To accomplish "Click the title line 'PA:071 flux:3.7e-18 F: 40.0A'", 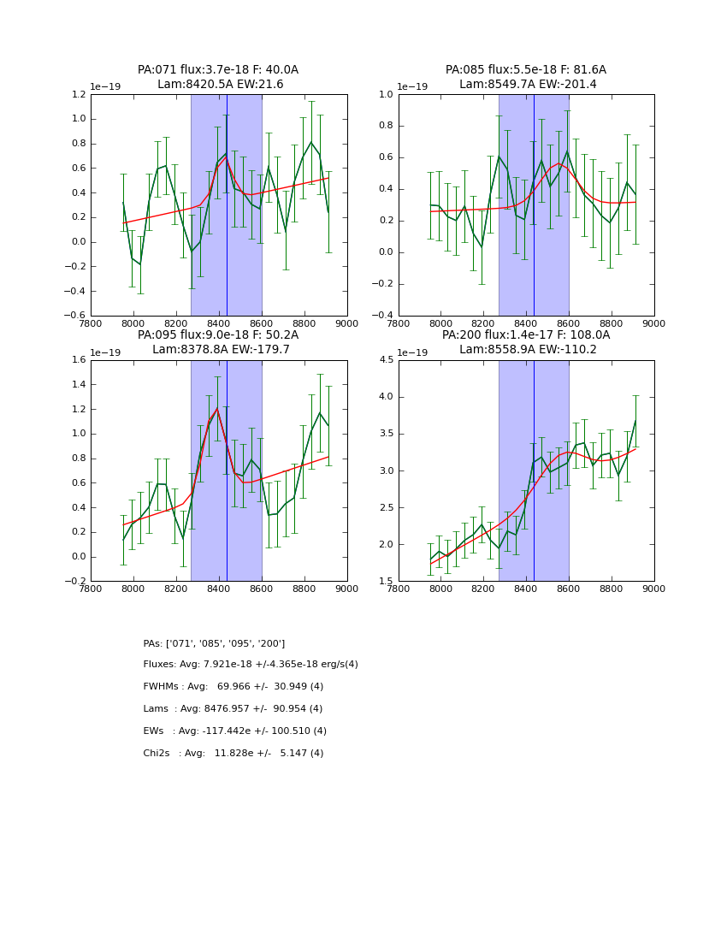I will [218, 70].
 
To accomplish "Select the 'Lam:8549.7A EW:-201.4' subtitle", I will [528, 85].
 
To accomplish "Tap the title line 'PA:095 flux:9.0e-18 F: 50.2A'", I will [218, 335].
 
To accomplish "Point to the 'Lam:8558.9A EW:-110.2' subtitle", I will [528, 350].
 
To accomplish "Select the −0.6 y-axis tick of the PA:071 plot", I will [77, 316].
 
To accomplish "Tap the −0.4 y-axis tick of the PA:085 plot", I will [385, 316].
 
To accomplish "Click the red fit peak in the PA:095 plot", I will [217, 409].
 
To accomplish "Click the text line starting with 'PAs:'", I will [214, 643].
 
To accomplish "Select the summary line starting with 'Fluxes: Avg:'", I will [251, 665].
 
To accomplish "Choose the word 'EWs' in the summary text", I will [153, 731].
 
